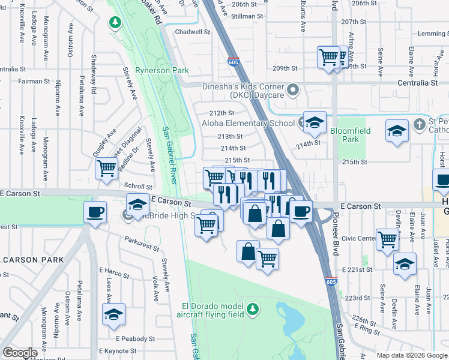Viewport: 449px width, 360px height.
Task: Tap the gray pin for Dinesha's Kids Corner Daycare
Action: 294,91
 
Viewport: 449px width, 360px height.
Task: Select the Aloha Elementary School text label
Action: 240,123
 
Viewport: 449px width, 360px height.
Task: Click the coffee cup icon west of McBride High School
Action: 95,212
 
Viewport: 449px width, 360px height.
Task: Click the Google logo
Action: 19,353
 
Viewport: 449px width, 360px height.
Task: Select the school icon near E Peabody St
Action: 113,314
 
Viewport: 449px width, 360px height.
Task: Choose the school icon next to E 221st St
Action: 405,263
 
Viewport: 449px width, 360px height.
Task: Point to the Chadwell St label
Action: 192,32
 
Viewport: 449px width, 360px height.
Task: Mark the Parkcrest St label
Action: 142,244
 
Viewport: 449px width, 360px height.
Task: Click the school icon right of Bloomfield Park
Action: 397,131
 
